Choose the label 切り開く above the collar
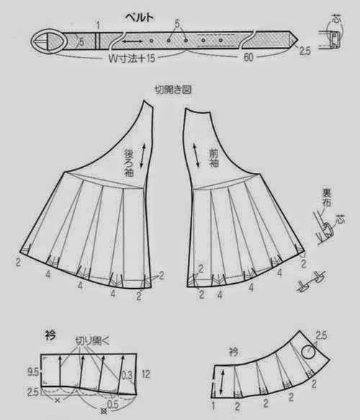tap(94, 339)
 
